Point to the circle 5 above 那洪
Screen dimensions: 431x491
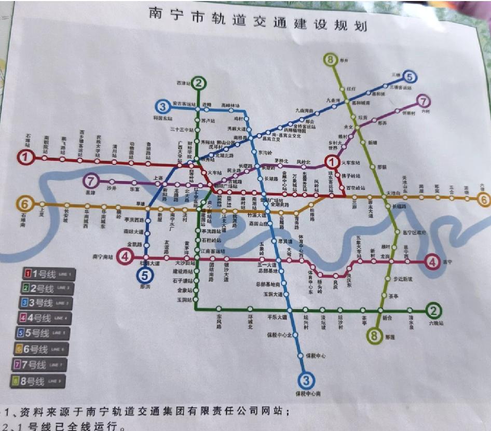click(x=146, y=275)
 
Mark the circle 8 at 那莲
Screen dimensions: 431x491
click(x=374, y=336)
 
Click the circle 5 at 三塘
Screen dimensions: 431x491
click(x=410, y=77)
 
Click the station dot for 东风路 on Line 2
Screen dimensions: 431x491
click(x=219, y=310)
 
